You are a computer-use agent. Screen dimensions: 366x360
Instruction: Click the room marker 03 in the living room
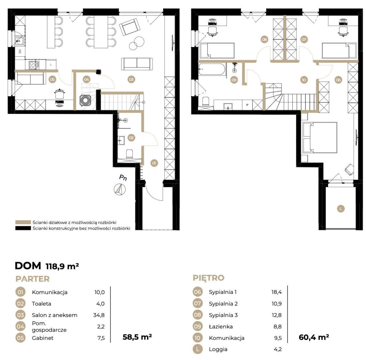pyautogui.click(x=132, y=80)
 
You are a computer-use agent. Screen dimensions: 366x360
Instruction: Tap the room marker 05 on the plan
pyautogui.click(x=52, y=80)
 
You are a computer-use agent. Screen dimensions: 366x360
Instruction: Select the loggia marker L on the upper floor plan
pyautogui.click(x=341, y=209)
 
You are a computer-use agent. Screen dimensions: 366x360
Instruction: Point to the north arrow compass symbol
pyautogui.click(x=120, y=189)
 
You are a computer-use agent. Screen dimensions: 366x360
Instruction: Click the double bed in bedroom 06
pyautogui.click(x=320, y=137)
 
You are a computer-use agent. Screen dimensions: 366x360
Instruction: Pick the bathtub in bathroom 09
pyautogui.click(x=212, y=69)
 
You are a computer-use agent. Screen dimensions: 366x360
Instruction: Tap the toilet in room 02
pyautogui.click(x=129, y=154)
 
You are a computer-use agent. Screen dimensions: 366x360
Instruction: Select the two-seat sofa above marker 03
pyautogui.click(x=137, y=64)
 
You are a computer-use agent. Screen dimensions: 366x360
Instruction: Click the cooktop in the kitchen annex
pyautogui.click(x=34, y=65)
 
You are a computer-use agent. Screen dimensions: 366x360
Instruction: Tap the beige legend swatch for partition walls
pyautogui.click(x=23, y=222)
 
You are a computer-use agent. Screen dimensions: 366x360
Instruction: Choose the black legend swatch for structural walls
pyautogui.click(x=23, y=228)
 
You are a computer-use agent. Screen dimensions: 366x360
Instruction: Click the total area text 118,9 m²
pyautogui.click(x=62, y=266)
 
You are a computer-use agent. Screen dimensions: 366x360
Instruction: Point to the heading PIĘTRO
pyautogui.click(x=208, y=278)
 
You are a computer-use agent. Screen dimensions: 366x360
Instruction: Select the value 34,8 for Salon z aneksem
pyautogui.click(x=99, y=315)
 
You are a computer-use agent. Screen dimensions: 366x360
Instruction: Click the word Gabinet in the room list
pyautogui.click(x=43, y=338)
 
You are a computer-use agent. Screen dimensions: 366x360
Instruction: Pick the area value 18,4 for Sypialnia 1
pyautogui.click(x=276, y=292)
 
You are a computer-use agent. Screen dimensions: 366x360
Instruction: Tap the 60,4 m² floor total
pyautogui.click(x=314, y=337)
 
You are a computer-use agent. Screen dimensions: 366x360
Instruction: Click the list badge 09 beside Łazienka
pyautogui.click(x=197, y=326)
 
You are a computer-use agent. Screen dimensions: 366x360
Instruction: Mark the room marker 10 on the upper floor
pyautogui.click(x=304, y=80)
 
